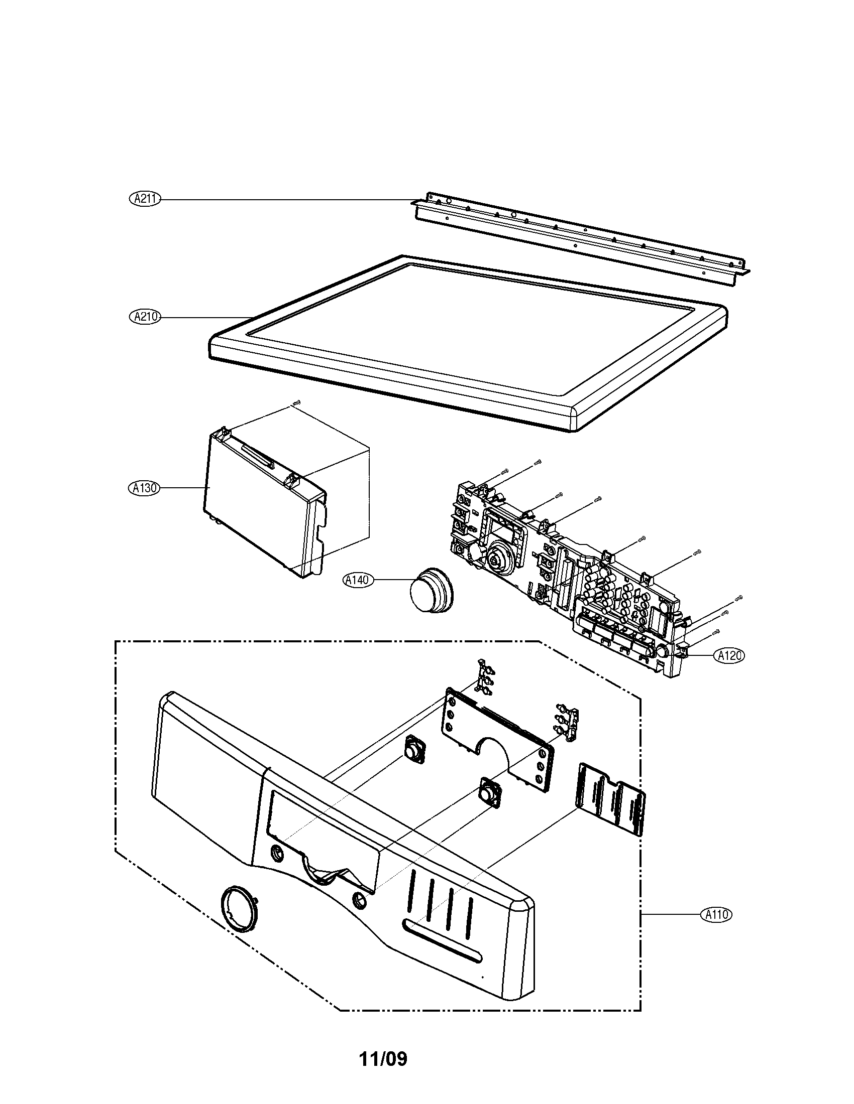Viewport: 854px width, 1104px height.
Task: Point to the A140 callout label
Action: click(x=358, y=580)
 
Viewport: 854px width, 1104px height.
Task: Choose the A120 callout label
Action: click(x=729, y=656)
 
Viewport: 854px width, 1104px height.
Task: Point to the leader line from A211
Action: click(x=283, y=200)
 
